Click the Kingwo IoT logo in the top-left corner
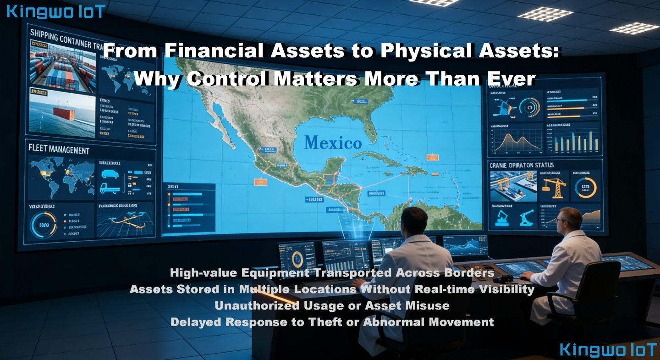56,11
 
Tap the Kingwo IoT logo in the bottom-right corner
608,349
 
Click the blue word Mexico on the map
333,143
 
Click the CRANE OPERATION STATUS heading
522,165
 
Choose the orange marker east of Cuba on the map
432,158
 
